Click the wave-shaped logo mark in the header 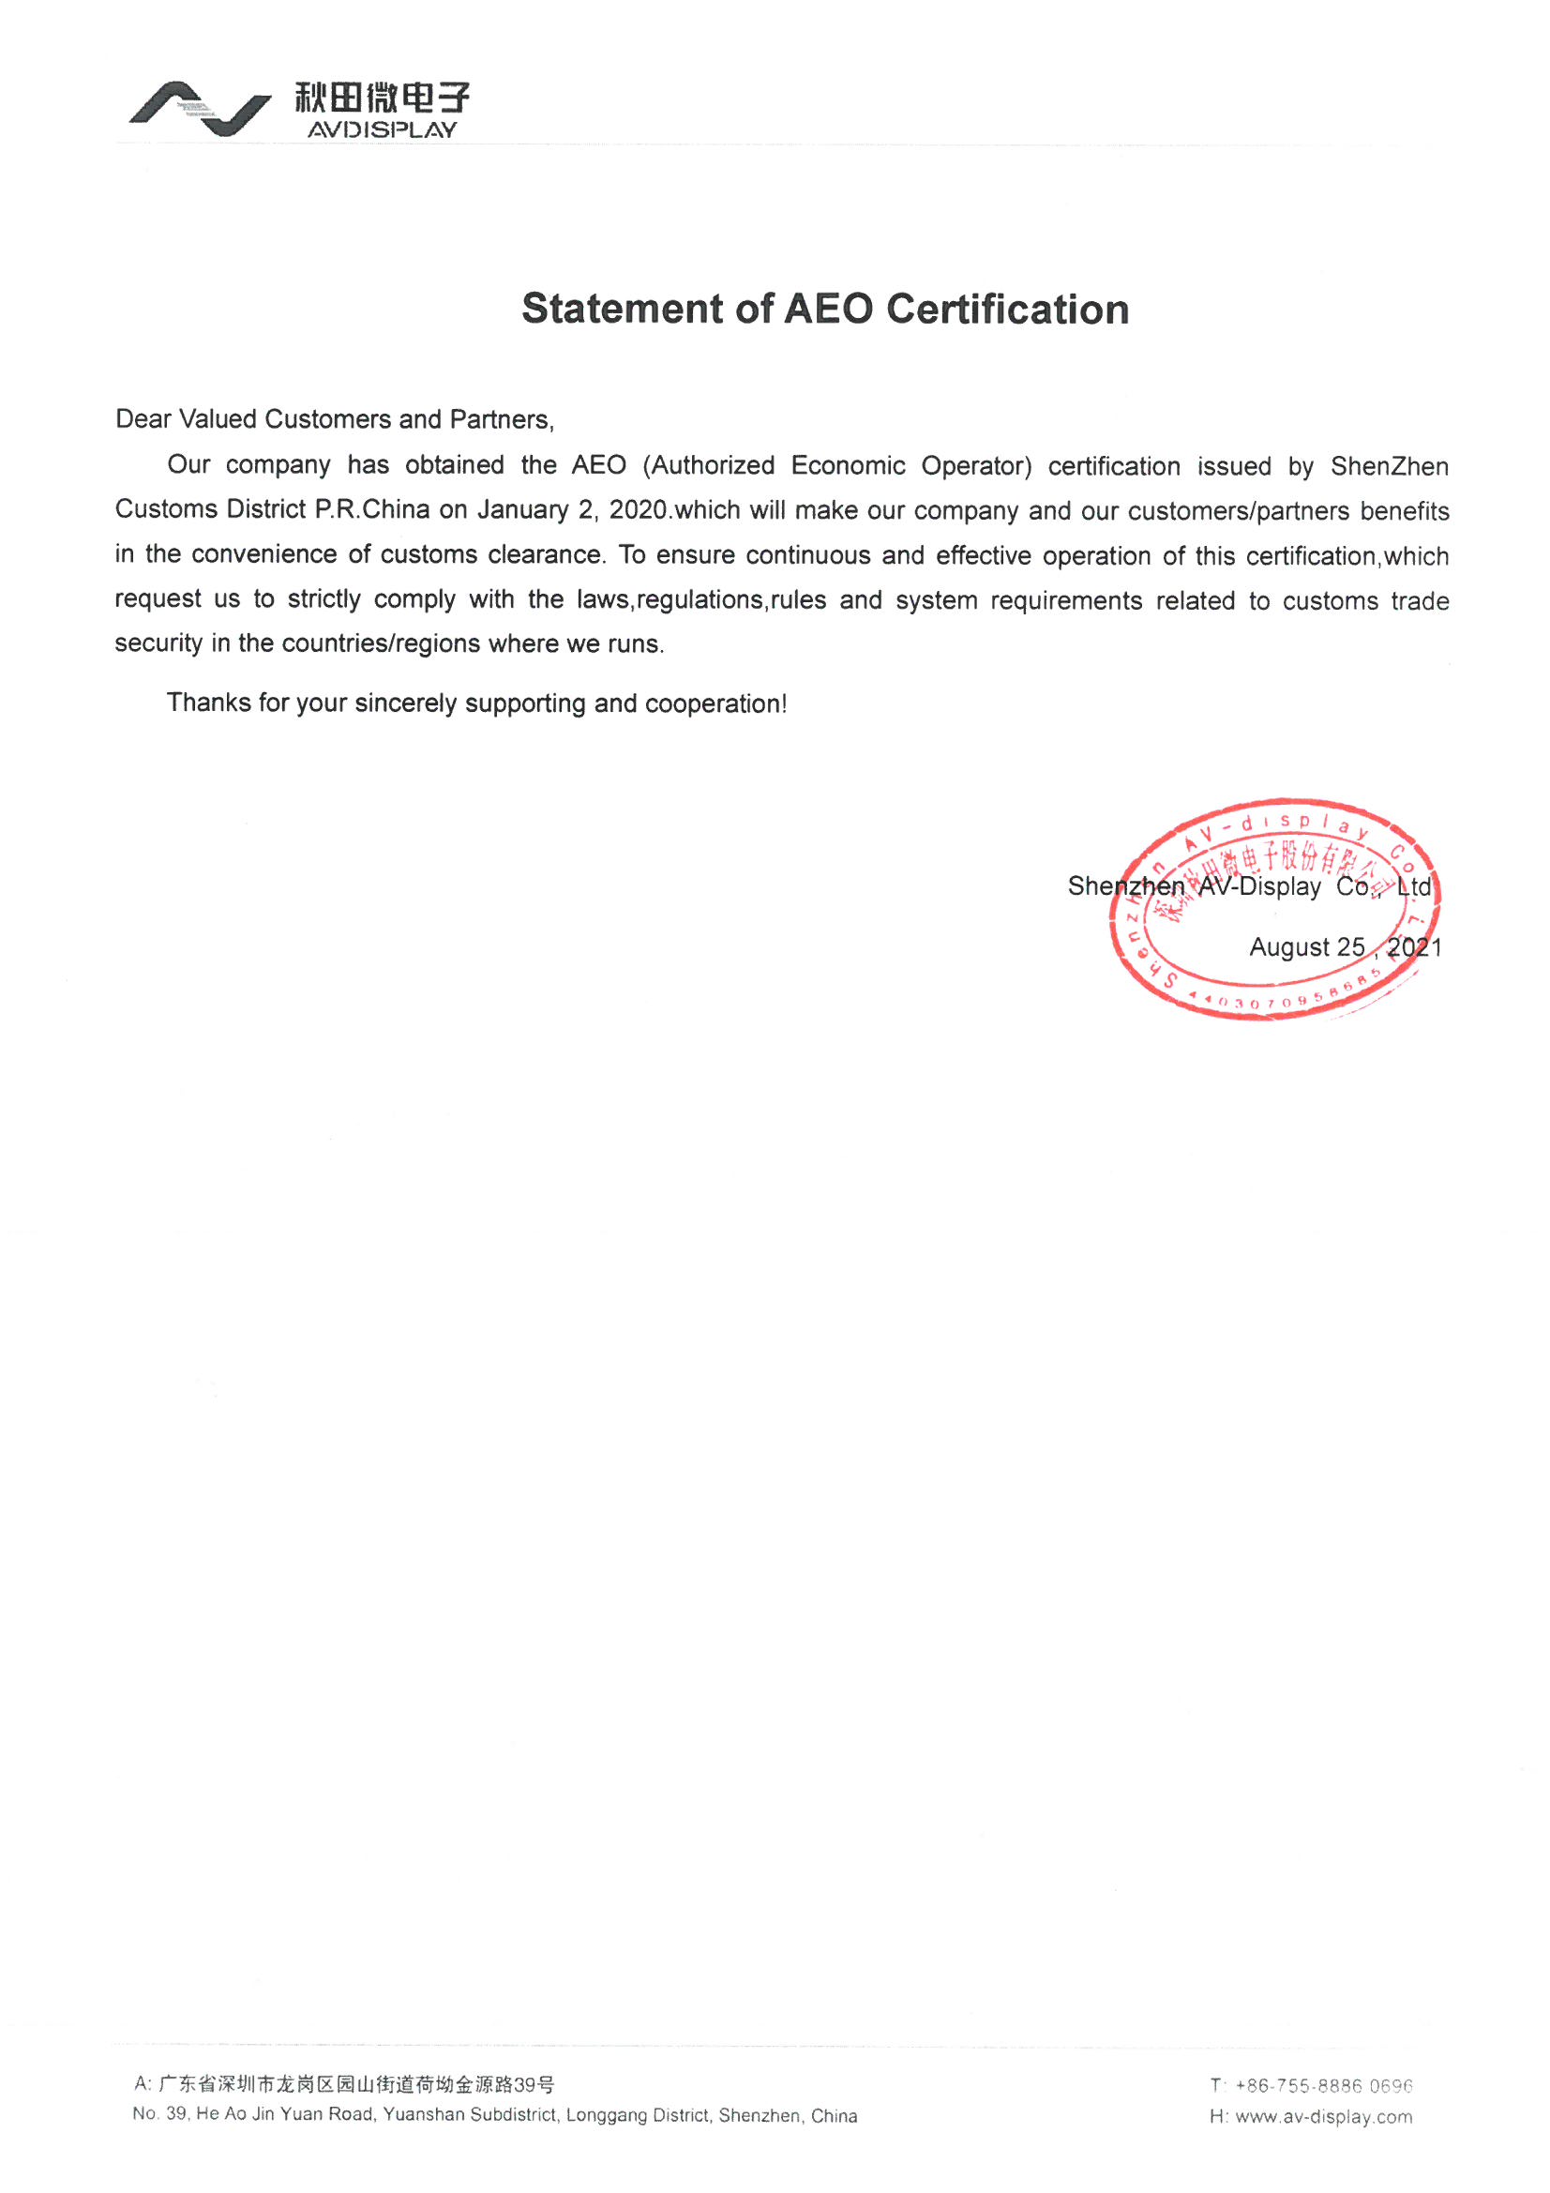click(200, 108)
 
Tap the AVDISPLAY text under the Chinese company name click(382, 129)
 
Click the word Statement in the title click(622, 309)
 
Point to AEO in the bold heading click(828, 309)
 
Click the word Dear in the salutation click(143, 419)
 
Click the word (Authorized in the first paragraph click(708, 465)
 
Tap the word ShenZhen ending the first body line click(1389, 466)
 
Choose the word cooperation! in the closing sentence click(715, 703)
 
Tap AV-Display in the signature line click(1258, 886)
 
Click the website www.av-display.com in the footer click(1323, 2117)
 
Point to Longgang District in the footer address click(638, 2116)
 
